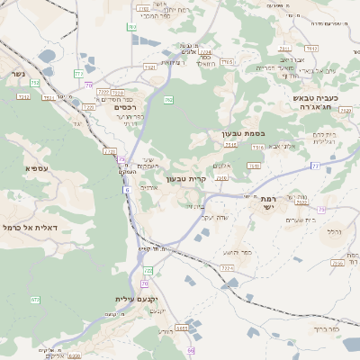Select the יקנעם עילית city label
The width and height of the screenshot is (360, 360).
coord(137,298)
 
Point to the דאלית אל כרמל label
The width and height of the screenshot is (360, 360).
coord(38,228)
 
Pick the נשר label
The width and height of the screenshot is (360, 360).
coord(13,75)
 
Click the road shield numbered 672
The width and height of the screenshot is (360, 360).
coord(35,300)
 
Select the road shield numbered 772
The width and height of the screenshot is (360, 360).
coord(78,74)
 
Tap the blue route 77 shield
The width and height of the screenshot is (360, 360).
coord(315,166)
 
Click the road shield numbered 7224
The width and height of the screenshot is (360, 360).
coord(227,268)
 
